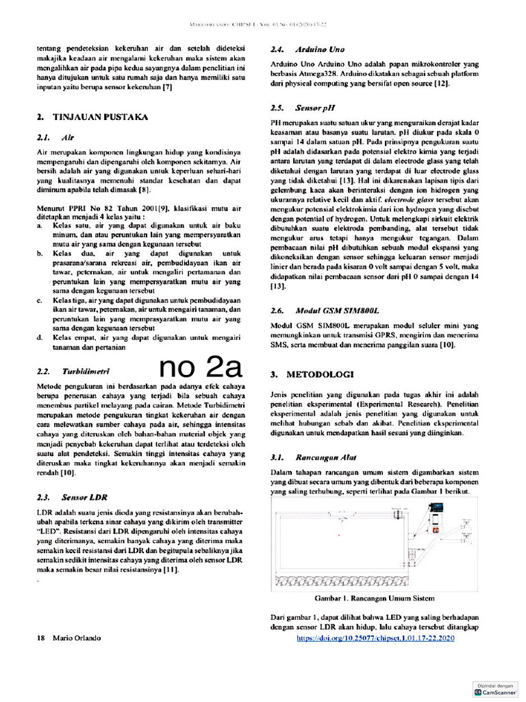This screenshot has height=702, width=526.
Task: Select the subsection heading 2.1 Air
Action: pos(55,137)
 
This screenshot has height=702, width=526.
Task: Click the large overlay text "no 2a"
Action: pos(201,368)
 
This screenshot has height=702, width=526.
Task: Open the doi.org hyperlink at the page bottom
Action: pos(376,638)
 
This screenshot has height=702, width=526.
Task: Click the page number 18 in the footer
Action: pos(41,638)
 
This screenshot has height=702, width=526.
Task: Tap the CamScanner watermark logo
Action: pos(498,689)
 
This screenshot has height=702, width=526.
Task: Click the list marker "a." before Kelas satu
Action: pos(40,225)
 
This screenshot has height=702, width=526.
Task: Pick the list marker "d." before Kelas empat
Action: pos(40,337)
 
